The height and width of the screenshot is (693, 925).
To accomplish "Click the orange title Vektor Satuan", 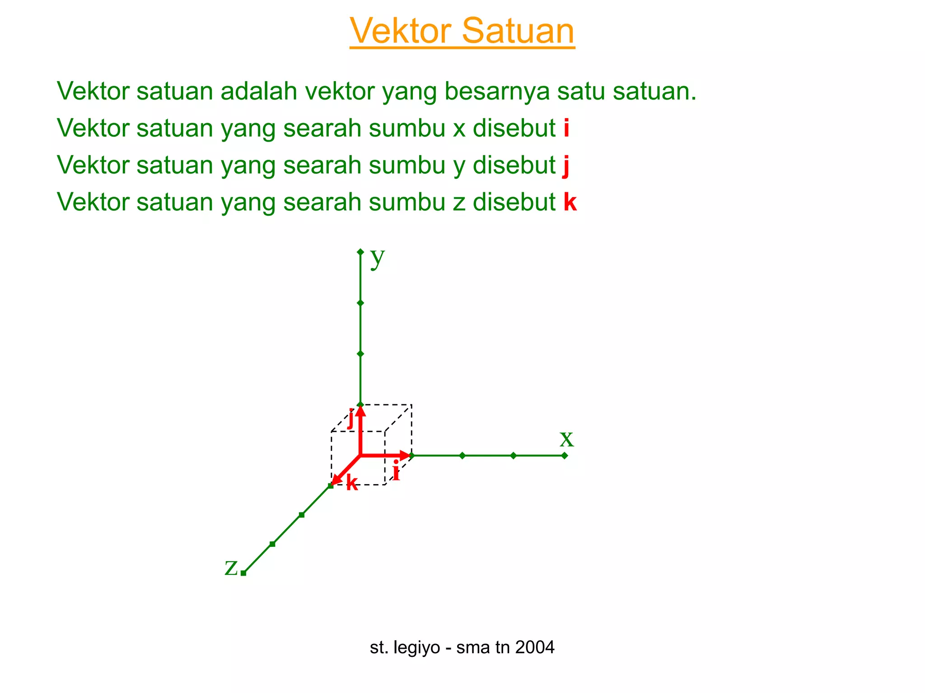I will (462, 31).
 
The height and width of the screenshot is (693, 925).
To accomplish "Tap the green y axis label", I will (377, 258).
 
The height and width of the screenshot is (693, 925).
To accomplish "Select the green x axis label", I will (566, 439).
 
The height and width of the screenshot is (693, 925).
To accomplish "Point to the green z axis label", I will (231, 568).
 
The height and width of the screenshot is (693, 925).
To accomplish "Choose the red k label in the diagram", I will (352, 483).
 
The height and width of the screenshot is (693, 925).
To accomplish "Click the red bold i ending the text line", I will (566, 128).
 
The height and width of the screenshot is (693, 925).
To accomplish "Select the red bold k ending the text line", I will (570, 202).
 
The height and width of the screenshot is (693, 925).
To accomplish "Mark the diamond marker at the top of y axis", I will (360, 252).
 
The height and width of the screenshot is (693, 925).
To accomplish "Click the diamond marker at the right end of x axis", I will (565, 456).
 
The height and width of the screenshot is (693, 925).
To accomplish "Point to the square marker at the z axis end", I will (243, 573).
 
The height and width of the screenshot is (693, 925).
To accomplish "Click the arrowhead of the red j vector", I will (360, 411).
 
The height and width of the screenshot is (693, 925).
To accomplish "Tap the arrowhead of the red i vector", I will (405, 456).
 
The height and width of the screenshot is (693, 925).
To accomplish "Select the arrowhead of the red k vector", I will (335, 481).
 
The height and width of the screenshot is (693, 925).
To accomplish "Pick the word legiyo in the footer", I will (417, 647).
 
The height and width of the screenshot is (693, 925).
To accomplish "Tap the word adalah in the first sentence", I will (259, 91).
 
